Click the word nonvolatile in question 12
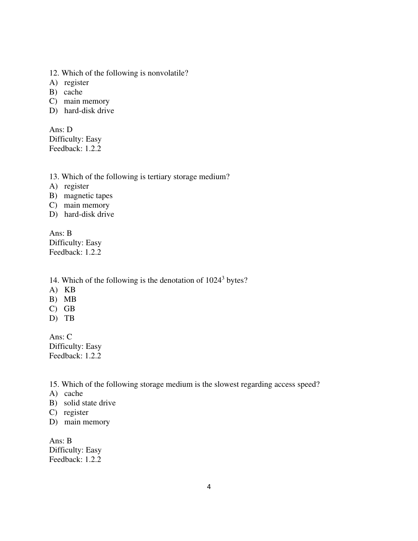pos(168,73)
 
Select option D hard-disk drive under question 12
pos(89,111)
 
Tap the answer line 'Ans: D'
pos(61,130)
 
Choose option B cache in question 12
pos(73,92)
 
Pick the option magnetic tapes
pos(88,196)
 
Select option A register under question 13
pos(76,186)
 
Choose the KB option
pos(70,290)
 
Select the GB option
pos(69,309)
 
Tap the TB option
pos(69,318)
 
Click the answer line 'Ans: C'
pos(60,337)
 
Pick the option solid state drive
pos(90,403)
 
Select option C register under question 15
pos(76,412)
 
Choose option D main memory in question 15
pos(87,422)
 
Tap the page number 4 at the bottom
pos(209,487)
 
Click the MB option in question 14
pos(70,299)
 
